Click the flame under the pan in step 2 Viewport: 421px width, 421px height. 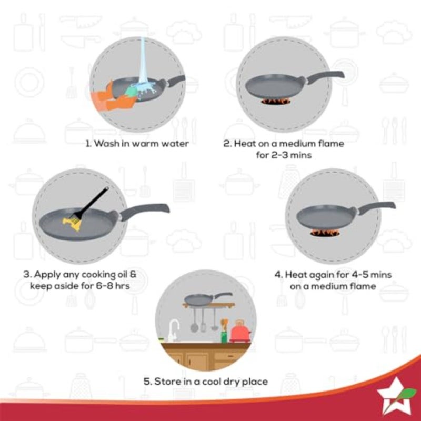tap(276, 102)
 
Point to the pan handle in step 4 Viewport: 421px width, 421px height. tap(375, 208)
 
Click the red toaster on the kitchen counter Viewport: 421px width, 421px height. tap(240, 331)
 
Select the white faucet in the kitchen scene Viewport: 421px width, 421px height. tap(173, 330)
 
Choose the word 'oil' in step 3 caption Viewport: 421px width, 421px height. tap(123, 274)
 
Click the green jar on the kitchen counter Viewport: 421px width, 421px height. tap(224, 337)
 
